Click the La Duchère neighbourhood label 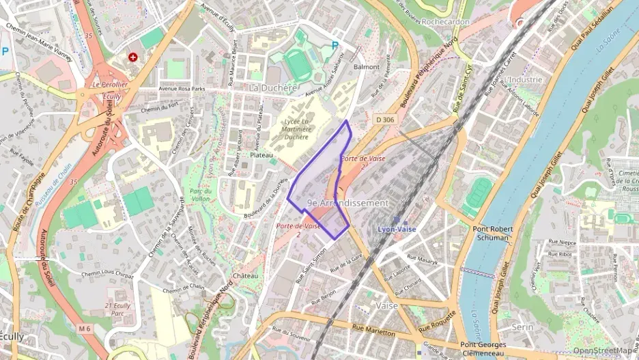click(x=273, y=88)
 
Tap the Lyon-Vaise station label click(x=397, y=229)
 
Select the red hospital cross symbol click(x=133, y=58)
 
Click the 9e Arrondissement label click(x=347, y=203)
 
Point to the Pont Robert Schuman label click(x=491, y=234)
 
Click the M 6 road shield click(x=84, y=329)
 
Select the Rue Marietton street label click(x=373, y=331)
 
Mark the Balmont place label click(x=367, y=67)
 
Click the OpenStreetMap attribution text click(x=603, y=350)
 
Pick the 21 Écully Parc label click(x=118, y=309)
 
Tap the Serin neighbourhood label click(x=522, y=327)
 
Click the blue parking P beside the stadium click(x=335, y=46)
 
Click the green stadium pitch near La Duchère click(x=298, y=64)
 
